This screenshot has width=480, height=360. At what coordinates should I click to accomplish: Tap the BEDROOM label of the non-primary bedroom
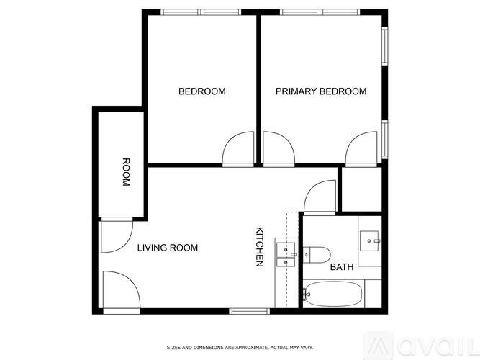point(201,91)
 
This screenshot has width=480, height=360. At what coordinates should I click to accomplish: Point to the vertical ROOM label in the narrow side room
point(125,172)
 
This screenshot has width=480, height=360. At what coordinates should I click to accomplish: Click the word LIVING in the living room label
point(153,248)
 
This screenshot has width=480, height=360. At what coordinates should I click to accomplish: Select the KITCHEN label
point(261,247)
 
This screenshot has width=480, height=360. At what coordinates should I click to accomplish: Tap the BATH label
point(342,267)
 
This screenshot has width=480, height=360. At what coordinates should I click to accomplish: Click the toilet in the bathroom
point(317,253)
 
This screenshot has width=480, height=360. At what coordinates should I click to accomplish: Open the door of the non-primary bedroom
point(237,150)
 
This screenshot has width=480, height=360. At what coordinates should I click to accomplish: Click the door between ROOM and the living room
point(115,236)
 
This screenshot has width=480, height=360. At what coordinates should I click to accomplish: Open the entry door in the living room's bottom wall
point(120,291)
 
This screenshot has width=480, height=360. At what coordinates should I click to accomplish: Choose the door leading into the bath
point(320,197)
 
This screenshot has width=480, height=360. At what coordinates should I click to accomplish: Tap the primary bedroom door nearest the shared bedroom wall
point(278,149)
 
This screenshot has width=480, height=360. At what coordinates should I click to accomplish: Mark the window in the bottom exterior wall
point(249,311)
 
